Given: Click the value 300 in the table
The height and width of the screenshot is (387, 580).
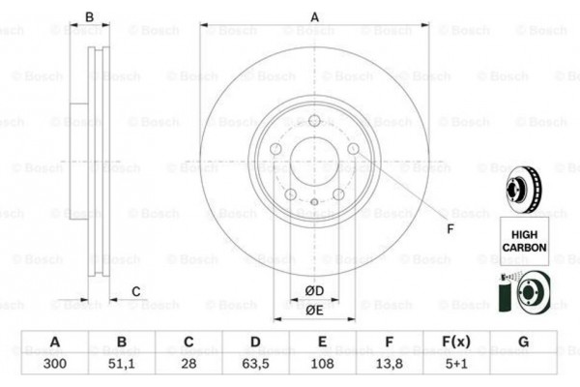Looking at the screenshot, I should [55, 365].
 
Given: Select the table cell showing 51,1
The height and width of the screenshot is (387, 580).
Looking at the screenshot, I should [122, 365].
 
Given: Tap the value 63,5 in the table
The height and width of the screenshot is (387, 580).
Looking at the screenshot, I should [255, 365].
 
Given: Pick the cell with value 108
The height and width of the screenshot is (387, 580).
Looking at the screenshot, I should [322, 365].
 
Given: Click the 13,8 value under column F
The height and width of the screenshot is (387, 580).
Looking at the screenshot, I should [389, 365].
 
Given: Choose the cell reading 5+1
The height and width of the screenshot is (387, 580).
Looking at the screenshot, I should [455, 365].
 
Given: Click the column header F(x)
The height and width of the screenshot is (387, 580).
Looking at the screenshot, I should [455, 342].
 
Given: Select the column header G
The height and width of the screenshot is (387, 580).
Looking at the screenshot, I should [523, 342].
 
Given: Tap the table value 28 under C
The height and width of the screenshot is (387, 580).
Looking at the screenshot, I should [188, 365].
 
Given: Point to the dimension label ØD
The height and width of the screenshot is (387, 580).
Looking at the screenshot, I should [314, 291].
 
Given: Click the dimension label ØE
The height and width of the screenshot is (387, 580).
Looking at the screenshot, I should [314, 311].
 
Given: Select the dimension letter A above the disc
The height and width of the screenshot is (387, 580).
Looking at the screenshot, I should [314, 16].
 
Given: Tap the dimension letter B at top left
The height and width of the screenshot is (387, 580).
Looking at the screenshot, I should [89, 16].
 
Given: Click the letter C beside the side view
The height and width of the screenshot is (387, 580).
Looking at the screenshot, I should [136, 291].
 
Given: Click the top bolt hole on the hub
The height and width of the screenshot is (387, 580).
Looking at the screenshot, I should [314, 120].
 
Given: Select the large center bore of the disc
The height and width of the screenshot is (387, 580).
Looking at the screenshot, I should [314, 159].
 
